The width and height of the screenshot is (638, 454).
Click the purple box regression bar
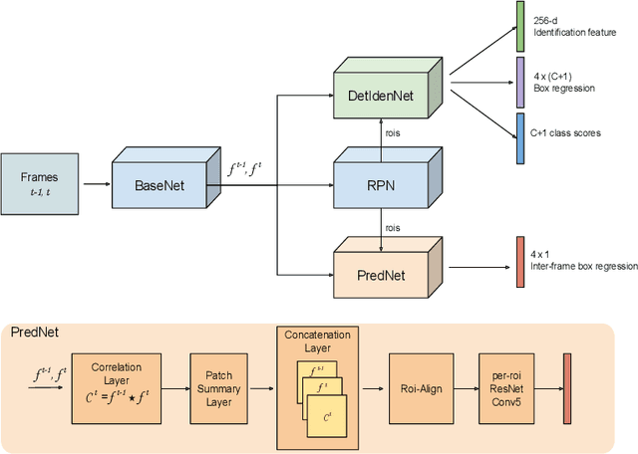click(519, 82)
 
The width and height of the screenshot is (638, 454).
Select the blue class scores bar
click(519, 138)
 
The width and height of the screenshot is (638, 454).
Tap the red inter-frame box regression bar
click(519, 262)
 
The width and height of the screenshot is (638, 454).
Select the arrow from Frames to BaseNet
click(97, 184)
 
